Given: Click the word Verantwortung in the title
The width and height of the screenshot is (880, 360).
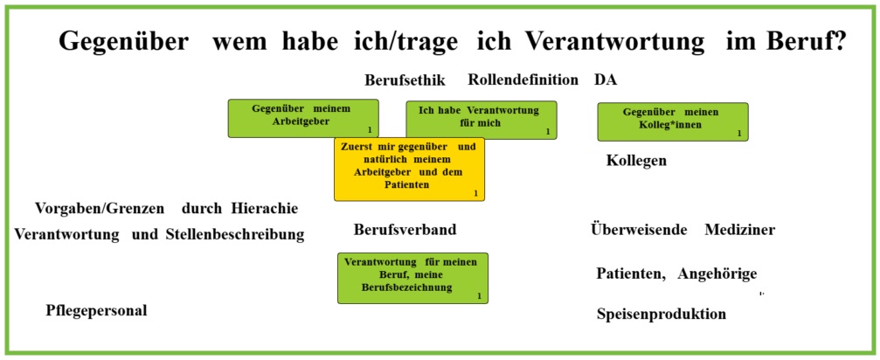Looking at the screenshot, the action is pos(597,42).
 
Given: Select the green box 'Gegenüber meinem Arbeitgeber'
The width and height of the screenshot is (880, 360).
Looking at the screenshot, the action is pos(303,118).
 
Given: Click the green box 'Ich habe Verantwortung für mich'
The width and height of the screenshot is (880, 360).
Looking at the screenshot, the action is pos(482,120).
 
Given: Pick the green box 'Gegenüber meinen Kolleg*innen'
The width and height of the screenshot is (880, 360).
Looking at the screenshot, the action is pos(673,121).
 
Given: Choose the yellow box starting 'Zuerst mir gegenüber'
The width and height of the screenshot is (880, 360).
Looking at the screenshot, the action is pos(409,169).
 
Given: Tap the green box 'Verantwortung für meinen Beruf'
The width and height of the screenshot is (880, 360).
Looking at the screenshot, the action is pos(412,278).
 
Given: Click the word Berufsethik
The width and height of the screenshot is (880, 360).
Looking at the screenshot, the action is pos(405,80).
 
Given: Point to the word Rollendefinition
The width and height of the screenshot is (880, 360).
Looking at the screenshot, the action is pos(523,80).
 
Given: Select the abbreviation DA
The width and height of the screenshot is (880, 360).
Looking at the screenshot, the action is pos(606,80).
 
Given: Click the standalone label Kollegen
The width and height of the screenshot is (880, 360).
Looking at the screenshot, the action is pos(636,161).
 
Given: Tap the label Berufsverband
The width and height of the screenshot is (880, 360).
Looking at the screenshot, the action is pos(405,230).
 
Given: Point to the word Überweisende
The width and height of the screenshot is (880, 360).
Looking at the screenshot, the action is pos(639,230).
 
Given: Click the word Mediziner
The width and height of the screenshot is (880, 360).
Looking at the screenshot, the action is pos(740,230).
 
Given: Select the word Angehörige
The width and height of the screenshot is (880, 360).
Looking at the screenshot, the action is pos(717,274).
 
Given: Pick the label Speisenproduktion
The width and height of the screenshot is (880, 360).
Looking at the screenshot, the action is pos(662,314).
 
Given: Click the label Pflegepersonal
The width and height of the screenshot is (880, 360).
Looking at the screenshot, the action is pos(96,311).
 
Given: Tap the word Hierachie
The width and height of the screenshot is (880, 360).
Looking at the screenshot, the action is pos(264,209).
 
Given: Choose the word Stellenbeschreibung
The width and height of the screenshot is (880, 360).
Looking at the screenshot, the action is pos(235,234).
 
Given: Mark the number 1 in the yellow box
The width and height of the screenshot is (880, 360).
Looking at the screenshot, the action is pos(475,193).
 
